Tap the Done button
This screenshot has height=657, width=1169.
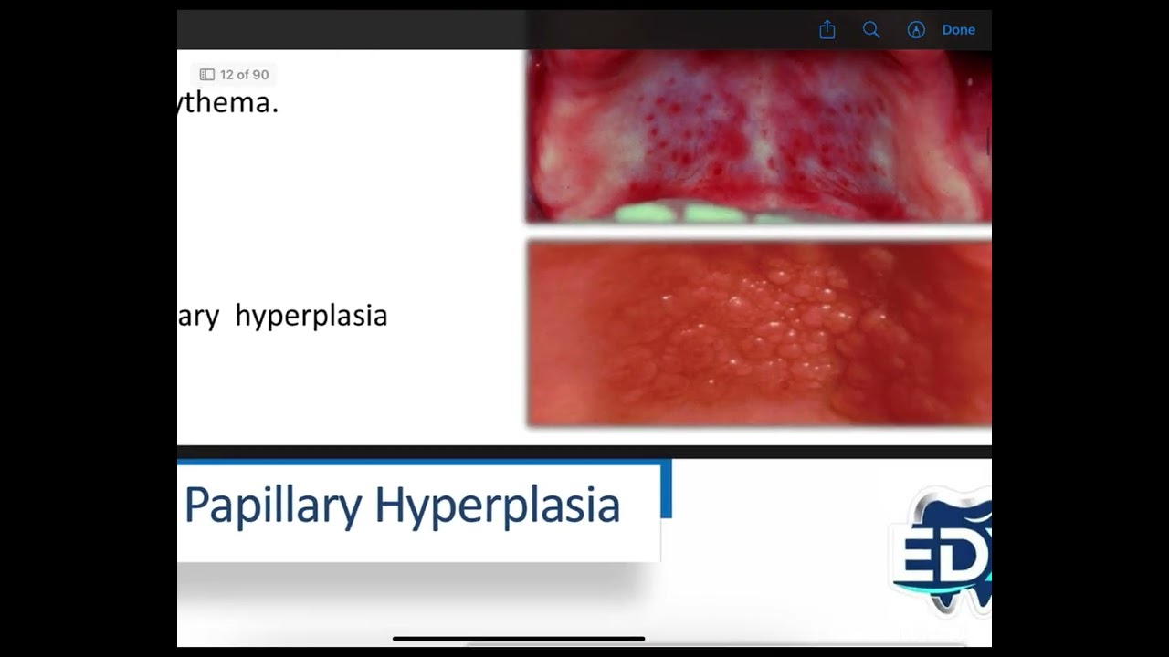[x=958, y=30]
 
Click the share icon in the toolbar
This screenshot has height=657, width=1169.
[x=827, y=30]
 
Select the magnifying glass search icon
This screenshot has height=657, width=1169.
[x=871, y=30]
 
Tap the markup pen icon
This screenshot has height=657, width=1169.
[x=916, y=30]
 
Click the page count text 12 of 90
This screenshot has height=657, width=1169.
[x=244, y=75]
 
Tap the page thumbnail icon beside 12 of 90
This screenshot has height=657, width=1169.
[x=207, y=75]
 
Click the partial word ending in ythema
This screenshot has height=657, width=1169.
[x=228, y=103]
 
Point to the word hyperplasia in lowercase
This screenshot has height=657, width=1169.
[x=311, y=316]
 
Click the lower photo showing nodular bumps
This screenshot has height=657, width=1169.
[x=758, y=333]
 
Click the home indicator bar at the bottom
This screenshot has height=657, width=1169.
[x=519, y=639]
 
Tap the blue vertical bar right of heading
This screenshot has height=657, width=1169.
[x=667, y=488]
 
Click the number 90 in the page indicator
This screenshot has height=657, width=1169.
[x=259, y=75]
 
